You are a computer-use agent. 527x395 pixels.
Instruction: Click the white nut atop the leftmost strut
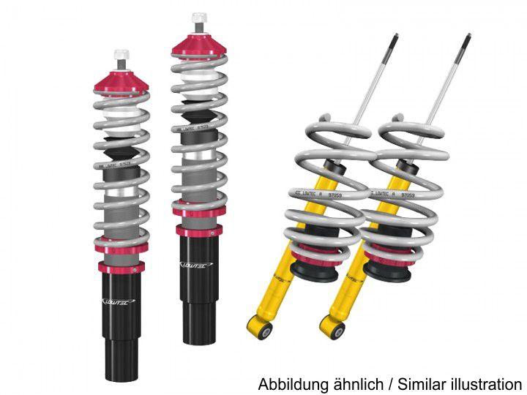(x=121, y=56)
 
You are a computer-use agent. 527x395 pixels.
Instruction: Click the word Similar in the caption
(x=421, y=383)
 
